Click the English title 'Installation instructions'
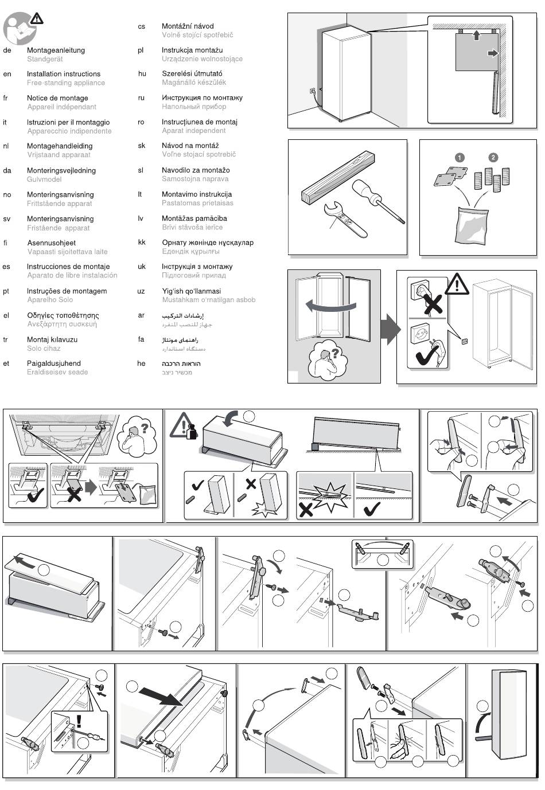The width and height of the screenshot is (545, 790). pyautogui.click(x=63, y=74)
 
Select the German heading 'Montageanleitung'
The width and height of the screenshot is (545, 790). pyautogui.click(x=56, y=50)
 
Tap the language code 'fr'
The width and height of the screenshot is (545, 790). pyautogui.click(x=6, y=98)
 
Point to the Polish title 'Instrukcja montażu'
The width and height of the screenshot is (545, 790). pyautogui.click(x=192, y=50)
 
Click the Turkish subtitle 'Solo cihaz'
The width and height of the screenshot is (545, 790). pyautogui.click(x=44, y=349)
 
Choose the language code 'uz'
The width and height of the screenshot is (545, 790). pyautogui.click(x=141, y=291)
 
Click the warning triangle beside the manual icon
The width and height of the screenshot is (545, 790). pyautogui.click(x=36, y=18)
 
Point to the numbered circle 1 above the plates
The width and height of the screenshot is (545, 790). pyautogui.click(x=459, y=157)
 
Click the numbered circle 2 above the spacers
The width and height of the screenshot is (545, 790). pyautogui.click(x=493, y=157)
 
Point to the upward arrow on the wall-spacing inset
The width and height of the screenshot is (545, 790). pyautogui.click(x=476, y=36)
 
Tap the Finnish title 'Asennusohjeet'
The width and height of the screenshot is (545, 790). pyautogui.click(x=52, y=243)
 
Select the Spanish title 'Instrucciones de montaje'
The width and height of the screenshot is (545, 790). pyautogui.click(x=68, y=267)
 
